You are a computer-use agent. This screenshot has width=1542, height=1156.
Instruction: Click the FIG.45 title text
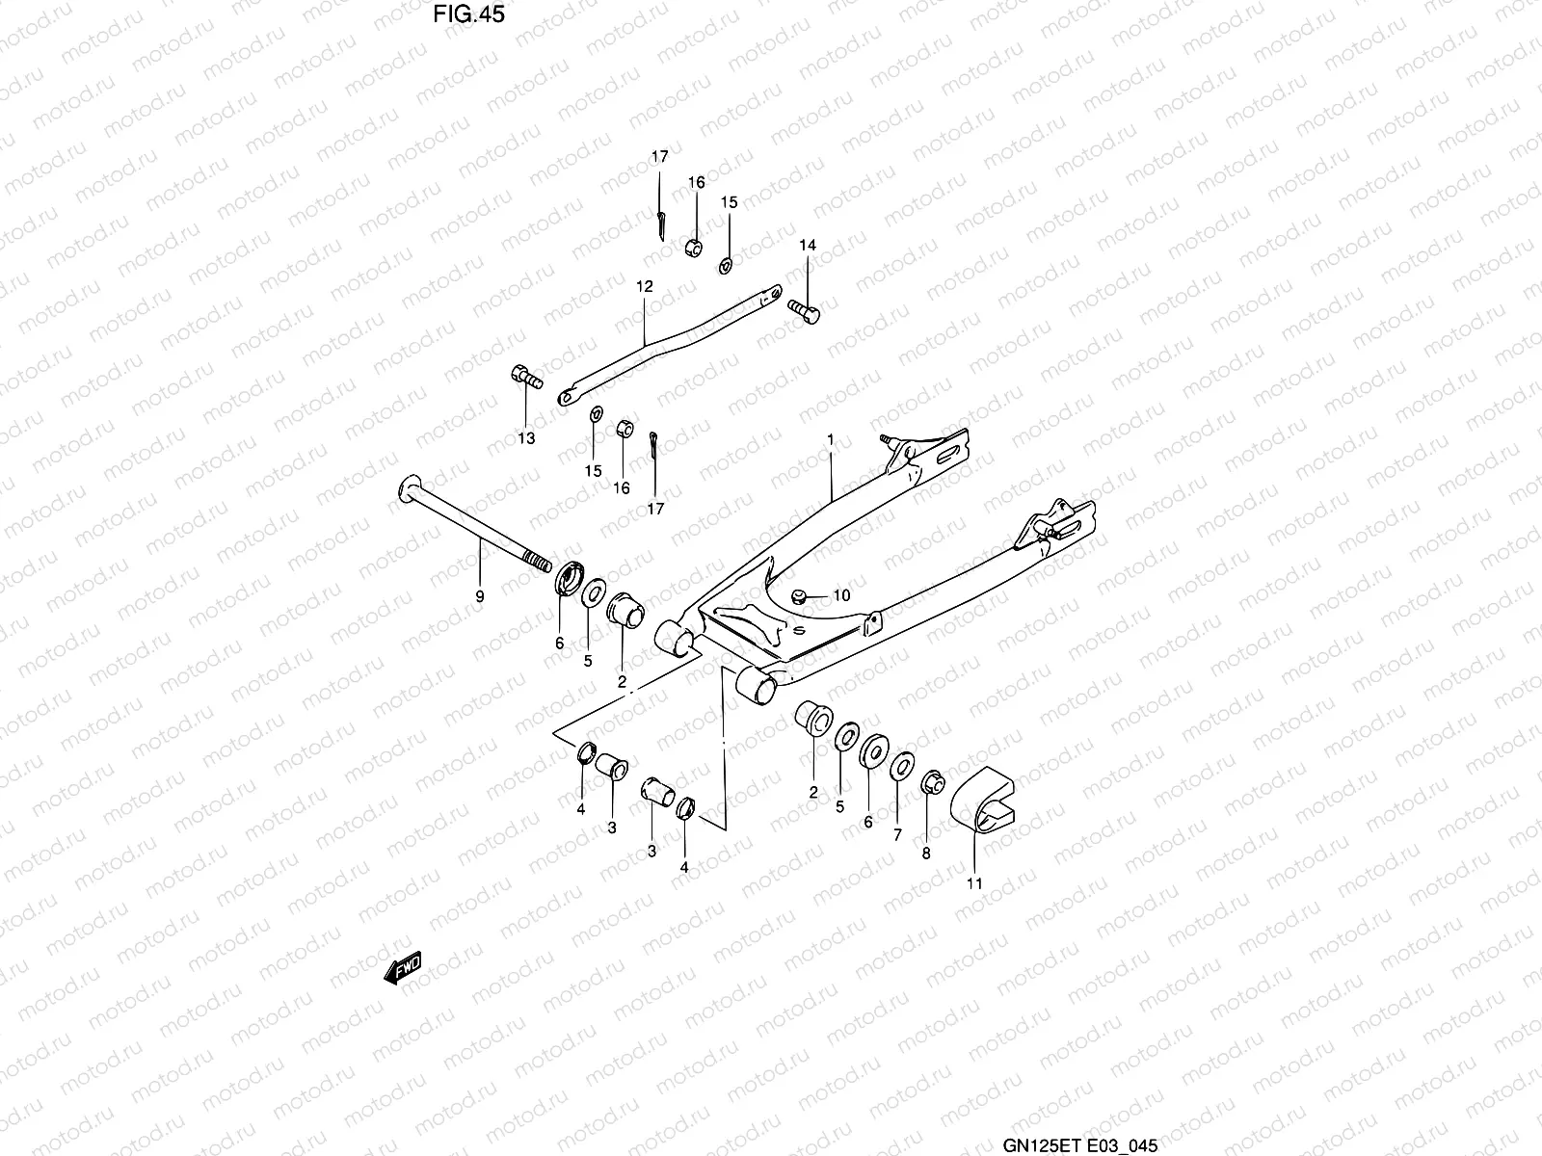point(468,14)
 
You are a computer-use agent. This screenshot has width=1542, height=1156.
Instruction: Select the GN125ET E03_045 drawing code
point(1079,1144)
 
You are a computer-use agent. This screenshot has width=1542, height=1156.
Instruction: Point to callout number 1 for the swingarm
point(830,439)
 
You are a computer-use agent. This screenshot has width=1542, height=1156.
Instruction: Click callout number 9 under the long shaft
point(480,597)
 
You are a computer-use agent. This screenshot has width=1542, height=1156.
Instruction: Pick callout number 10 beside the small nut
point(841,595)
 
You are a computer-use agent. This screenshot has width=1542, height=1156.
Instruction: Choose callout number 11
point(974,882)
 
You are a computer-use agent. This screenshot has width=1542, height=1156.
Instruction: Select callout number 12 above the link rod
point(644,286)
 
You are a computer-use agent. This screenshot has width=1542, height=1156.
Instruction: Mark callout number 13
point(526,438)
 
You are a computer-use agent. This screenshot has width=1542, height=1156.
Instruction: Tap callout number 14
point(808,246)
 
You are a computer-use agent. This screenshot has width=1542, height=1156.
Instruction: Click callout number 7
point(897,834)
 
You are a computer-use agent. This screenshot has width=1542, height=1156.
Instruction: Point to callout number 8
point(926,853)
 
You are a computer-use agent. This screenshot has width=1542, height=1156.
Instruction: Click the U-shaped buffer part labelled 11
point(983,799)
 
